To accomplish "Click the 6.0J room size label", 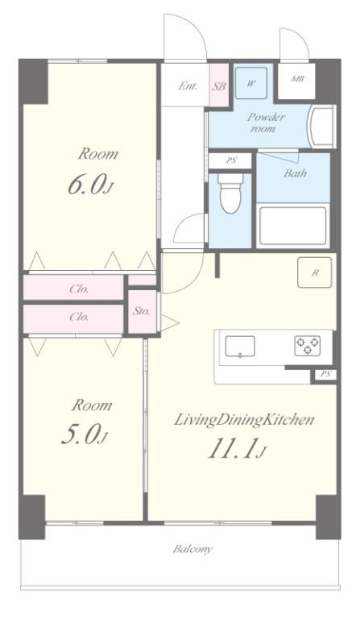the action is click(x=91, y=185).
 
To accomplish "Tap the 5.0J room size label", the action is click(x=85, y=434).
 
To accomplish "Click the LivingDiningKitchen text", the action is click(x=244, y=420).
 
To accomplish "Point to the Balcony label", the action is click(x=192, y=549).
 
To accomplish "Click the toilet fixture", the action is click(x=230, y=193).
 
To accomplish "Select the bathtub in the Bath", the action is click(x=293, y=226).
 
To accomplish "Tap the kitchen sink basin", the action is click(x=240, y=347).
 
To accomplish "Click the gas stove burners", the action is click(x=308, y=346).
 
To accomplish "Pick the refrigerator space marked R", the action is click(x=315, y=272).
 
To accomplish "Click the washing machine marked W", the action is click(x=251, y=83).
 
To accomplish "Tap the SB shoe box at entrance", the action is click(x=219, y=85).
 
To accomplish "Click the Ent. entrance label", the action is click(x=188, y=85).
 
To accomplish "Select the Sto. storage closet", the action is click(x=142, y=312).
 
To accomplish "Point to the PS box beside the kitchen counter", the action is click(x=325, y=375).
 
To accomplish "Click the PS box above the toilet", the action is click(x=231, y=160).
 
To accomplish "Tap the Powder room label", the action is click(x=266, y=123).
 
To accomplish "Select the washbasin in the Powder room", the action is click(x=322, y=127).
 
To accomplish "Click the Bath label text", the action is click(x=295, y=173).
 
